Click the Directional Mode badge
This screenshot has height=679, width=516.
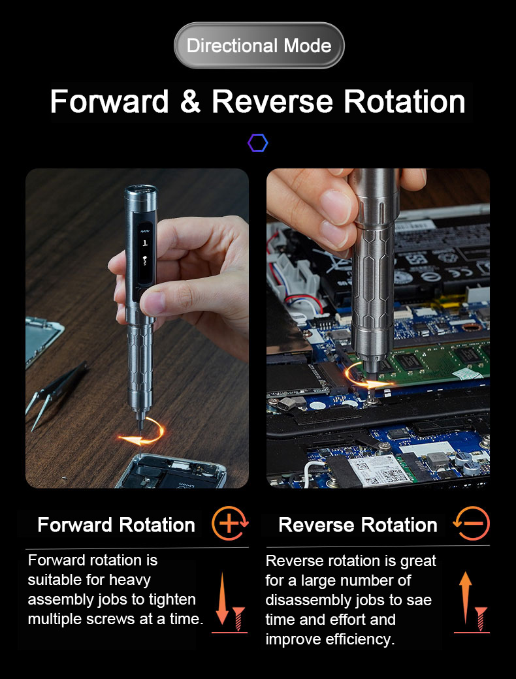point(259,46)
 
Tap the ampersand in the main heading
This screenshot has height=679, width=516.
point(190,101)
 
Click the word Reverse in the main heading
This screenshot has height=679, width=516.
point(272,101)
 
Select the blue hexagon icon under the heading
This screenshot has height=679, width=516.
point(258,143)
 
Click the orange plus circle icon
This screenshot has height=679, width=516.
point(230,523)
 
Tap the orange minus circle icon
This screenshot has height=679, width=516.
point(472,523)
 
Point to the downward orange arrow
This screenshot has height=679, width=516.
point(222,599)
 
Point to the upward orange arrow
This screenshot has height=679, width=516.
point(465,597)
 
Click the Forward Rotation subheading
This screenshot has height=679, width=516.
point(116,525)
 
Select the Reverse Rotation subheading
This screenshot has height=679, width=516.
point(357,525)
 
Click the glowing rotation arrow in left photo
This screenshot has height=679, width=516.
point(142,433)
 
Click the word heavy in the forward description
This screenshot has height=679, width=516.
point(129,580)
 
